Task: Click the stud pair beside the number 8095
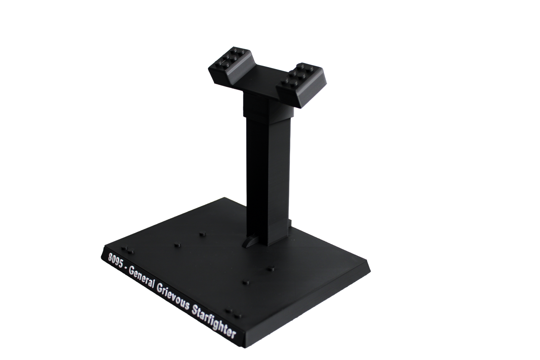[x=128, y=250]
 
